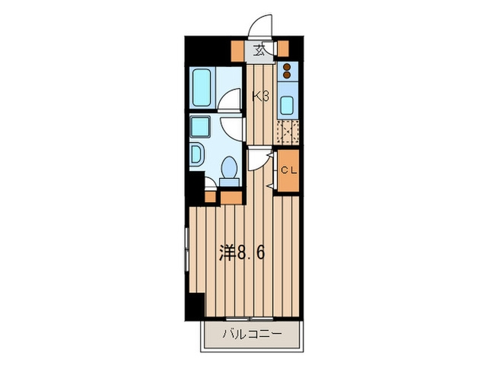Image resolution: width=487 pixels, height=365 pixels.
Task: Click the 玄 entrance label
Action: [259, 51]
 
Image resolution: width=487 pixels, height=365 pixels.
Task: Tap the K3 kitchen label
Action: [260, 97]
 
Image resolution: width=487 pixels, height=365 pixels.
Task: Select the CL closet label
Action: [289, 170]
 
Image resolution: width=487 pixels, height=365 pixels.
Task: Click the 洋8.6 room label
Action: [242, 252]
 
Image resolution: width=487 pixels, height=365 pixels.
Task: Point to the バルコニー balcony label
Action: [252, 334]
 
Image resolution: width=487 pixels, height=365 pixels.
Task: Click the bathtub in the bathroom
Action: [202, 87]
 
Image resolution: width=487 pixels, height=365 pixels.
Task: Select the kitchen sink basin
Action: [287, 105]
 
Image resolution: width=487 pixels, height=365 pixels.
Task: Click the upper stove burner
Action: [287, 67]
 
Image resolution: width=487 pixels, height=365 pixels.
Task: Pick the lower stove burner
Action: [287, 75]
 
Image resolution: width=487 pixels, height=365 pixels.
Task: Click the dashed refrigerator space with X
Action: [288, 133]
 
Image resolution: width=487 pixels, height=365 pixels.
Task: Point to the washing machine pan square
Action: [200, 127]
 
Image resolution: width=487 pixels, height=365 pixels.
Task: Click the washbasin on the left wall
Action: [196, 154]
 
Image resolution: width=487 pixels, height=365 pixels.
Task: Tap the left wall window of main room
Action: [187, 249]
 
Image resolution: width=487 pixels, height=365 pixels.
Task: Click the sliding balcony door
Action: [250, 319]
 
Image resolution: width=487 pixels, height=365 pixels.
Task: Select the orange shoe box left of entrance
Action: [238, 51]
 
